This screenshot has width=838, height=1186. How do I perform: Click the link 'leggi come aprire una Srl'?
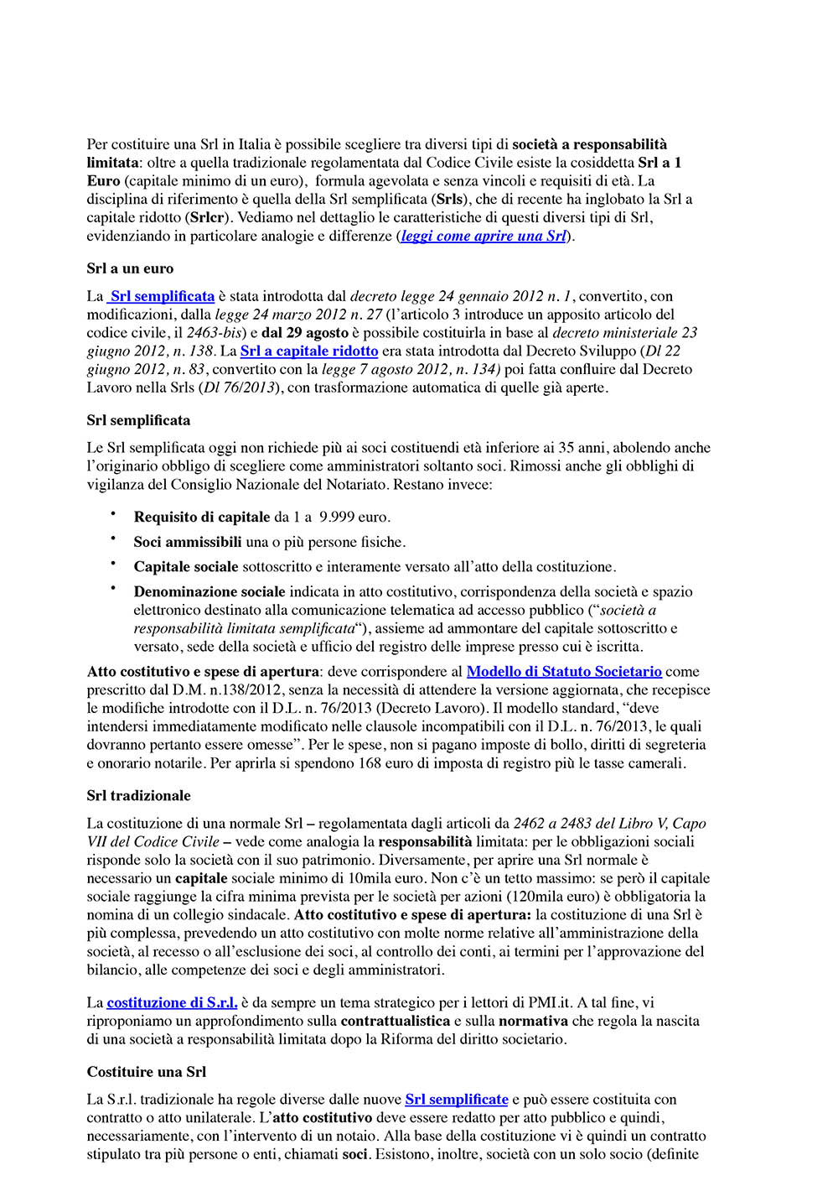click(x=484, y=237)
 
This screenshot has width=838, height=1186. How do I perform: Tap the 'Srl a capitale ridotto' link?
click(x=309, y=351)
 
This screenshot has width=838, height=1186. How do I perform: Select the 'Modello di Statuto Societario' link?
click(x=564, y=672)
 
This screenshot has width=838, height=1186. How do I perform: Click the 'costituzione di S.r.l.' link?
click(x=172, y=1003)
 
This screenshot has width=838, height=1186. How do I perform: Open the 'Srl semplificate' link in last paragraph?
click(x=457, y=1100)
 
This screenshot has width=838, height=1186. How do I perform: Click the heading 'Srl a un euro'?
click(x=130, y=269)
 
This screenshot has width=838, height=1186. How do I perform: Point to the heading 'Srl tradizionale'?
click(x=138, y=796)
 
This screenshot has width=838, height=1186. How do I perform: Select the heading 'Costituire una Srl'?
click(x=146, y=1072)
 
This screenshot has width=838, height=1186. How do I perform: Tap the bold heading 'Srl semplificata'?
click(x=138, y=421)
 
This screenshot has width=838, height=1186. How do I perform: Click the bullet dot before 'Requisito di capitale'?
click(x=112, y=514)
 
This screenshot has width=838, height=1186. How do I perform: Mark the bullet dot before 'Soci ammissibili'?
click(x=112, y=539)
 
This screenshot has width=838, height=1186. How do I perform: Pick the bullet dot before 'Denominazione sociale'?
click(x=112, y=589)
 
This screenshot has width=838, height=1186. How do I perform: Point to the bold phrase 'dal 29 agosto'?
click(x=305, y=333)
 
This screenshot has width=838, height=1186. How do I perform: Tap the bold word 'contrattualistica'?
click(x=396, y=1022)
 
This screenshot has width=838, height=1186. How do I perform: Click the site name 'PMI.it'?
click(x=550, y=1003)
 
